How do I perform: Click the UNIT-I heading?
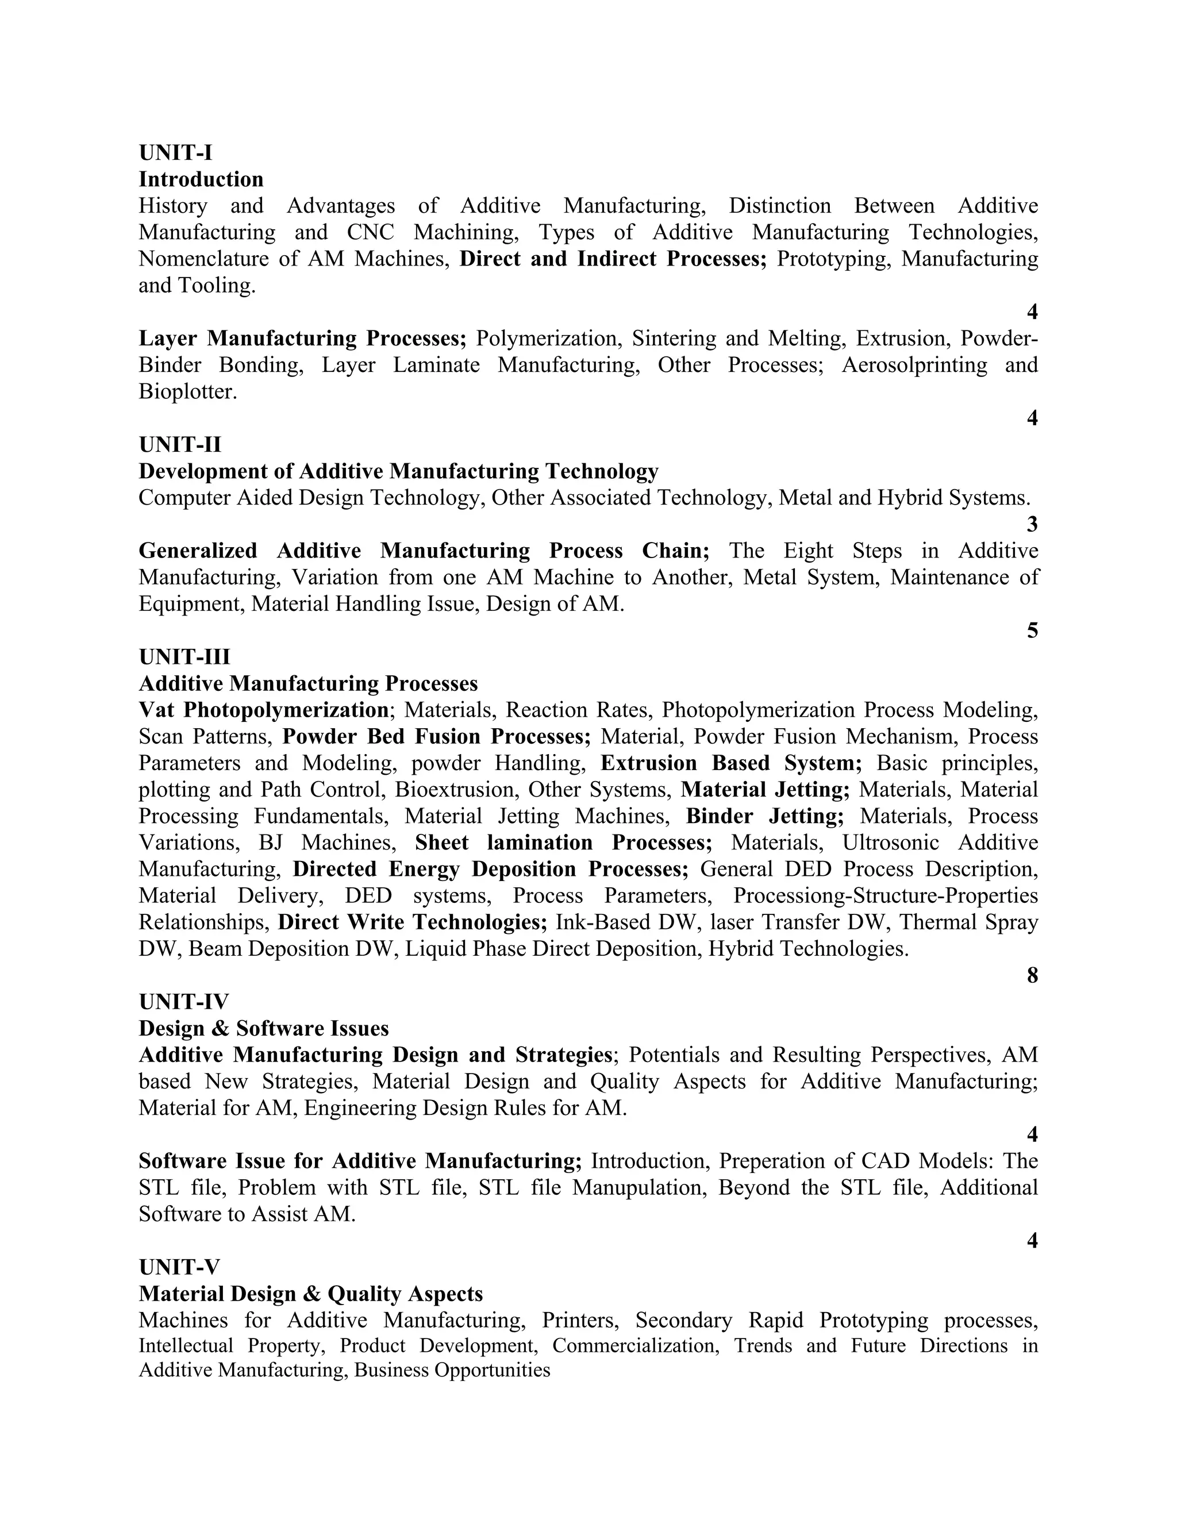click(175, 152)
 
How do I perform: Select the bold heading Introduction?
click(201, 179)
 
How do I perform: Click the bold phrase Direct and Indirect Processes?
click(612, 259)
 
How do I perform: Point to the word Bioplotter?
click(187, 391)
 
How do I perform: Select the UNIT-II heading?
click(180, 444)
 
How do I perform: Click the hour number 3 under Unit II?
click(1032, 524)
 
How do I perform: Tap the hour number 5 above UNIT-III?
click(1032, 630)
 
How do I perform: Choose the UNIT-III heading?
click(184, 657)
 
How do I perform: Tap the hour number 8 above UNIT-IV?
click(1032, 975)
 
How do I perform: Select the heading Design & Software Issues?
click(264, 1028)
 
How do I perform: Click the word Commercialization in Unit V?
click(635, 1345)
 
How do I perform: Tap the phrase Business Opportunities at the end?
click(452, 1370)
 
